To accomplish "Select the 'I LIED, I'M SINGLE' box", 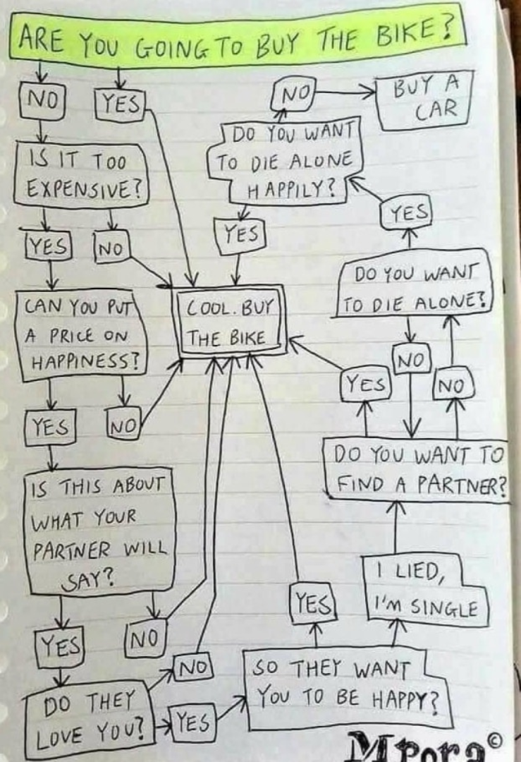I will point(424,591).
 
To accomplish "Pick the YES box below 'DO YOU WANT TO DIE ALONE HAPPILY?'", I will point(243,233).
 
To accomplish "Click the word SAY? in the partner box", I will point(101,580).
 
